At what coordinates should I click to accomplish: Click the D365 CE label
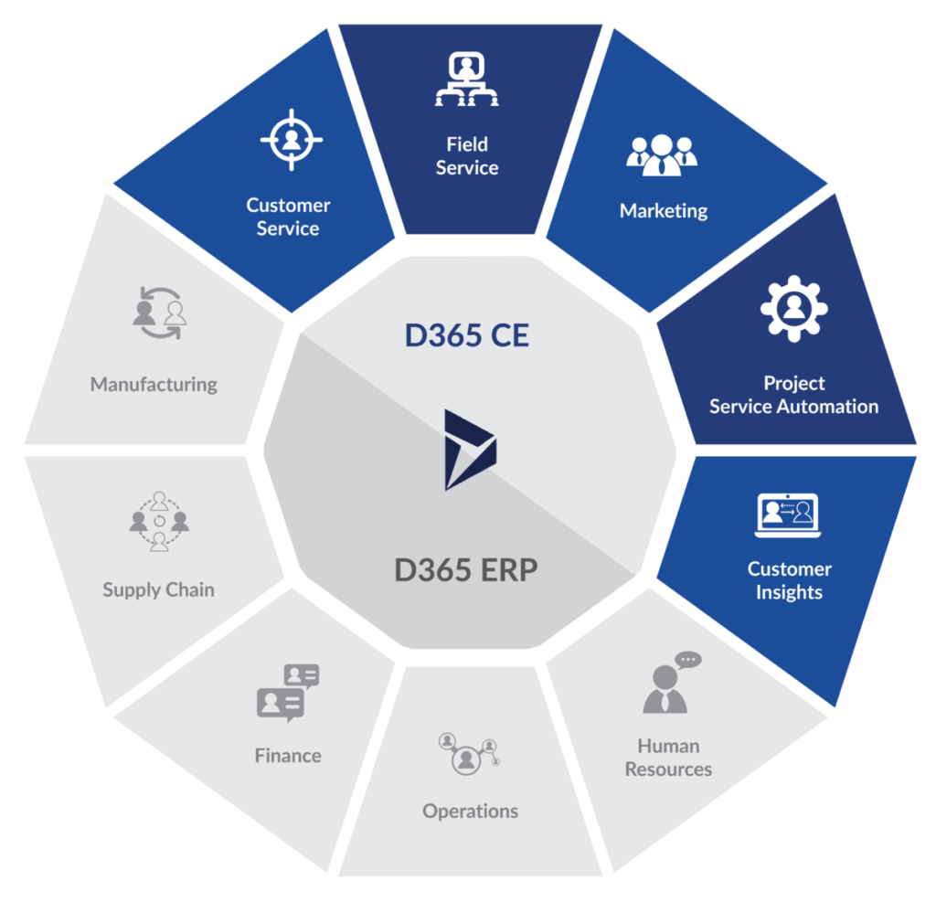coord(466,335)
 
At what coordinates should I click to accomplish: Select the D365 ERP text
coord(466,570)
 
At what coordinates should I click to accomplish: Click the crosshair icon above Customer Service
coord(291,140)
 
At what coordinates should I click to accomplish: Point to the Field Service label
coord(467,156)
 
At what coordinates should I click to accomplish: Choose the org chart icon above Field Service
coord(467,80)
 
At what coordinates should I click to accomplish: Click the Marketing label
coord(664,211)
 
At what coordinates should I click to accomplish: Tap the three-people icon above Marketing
coord(662,155)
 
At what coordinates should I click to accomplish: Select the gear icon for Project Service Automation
coord(793,308)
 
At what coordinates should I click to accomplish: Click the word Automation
coord(832,408)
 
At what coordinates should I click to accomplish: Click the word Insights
coord(789,592)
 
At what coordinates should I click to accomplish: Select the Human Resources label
coord(668,758)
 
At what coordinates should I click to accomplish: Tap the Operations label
coord(470,812)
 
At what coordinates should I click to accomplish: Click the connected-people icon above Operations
coord(468,752)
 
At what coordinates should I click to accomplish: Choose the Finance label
coord(288,756)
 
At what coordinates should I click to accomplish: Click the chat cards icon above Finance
coord(287,693)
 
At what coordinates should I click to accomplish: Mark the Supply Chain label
coord(158,590)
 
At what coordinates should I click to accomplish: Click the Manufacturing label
coord(154,385)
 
